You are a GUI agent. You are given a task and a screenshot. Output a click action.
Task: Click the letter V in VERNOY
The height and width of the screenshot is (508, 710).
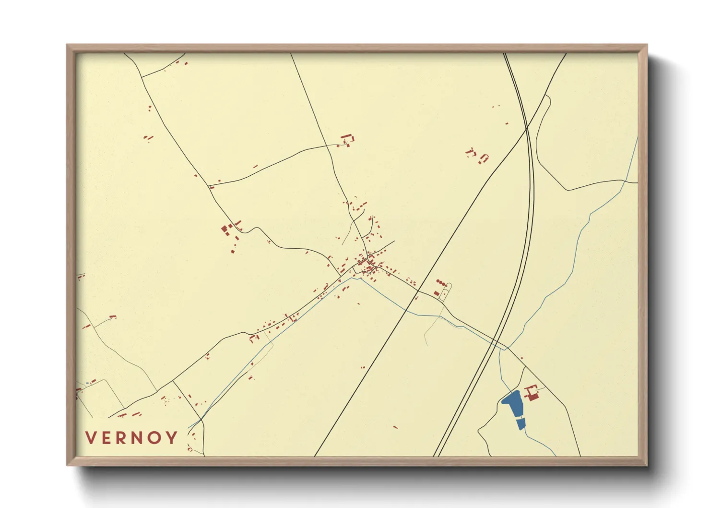pos(91,437)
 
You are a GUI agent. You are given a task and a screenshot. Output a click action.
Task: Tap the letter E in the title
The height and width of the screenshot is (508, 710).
pos(108,437)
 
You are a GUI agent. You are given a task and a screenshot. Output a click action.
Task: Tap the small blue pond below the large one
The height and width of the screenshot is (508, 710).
pos(521,423)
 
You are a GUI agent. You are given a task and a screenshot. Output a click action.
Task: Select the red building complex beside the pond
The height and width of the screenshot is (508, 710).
pos(532,393)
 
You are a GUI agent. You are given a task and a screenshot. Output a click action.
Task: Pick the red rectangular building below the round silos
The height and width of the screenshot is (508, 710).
pos(437,292)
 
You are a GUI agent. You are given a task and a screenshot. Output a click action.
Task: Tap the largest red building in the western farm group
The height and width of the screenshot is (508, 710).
pos(224,229)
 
